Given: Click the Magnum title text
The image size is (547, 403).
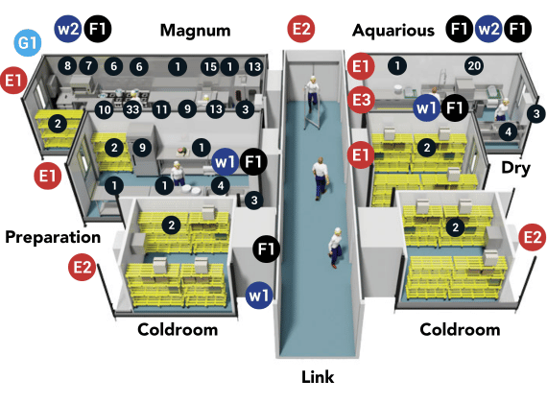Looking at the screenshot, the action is pyautogui.click(x=196, y=31).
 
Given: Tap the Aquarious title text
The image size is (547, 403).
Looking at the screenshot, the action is pyautogui.click(x=393, y=31).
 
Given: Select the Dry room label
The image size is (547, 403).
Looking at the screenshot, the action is pyautogui.click(x=515, y=169).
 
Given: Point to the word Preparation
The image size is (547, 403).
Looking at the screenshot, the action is pyautogui.click(x=53, y=238).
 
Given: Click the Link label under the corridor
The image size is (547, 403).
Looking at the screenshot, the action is pyautogui.click(x=318, y=377).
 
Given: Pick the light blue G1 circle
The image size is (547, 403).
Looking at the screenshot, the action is pyautogui.click(x=28, y=43).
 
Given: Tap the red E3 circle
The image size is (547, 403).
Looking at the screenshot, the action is pyautogui.click(x=361, y=100).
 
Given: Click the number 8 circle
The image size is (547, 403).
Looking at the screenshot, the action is pyautogui.click(x=68, y=65).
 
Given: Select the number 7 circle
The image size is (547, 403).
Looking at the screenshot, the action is pyautogui.click(x=88, y=65).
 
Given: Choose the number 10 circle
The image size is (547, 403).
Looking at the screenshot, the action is pyautogui.click(x=105, y=109).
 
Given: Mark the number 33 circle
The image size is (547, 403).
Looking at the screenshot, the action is pyautogui.click(x=132, y=109).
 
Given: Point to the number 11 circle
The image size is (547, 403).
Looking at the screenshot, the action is pyautogui.click(x=161, y=109).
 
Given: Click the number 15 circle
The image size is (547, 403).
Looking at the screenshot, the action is pyautogui.click(x=210, y=66).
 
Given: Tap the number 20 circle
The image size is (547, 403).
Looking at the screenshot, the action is pyautogui.click(x=474, y=65).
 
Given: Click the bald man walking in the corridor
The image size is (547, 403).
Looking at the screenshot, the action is pyautogui.click(x=321, y=178).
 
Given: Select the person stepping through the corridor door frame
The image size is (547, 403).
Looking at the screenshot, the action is pyautogui.click(x=313, y=91).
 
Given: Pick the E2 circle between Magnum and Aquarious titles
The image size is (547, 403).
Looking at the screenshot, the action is pyautogui.click(x=301, y=29).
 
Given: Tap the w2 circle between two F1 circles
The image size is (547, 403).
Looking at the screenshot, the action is pyautogui.click(x=488, y=29).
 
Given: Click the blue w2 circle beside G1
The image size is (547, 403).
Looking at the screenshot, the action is pyautogui.click(x=68, y=29).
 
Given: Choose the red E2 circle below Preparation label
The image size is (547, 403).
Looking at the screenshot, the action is pyautogui.click(x=83, y=268).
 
